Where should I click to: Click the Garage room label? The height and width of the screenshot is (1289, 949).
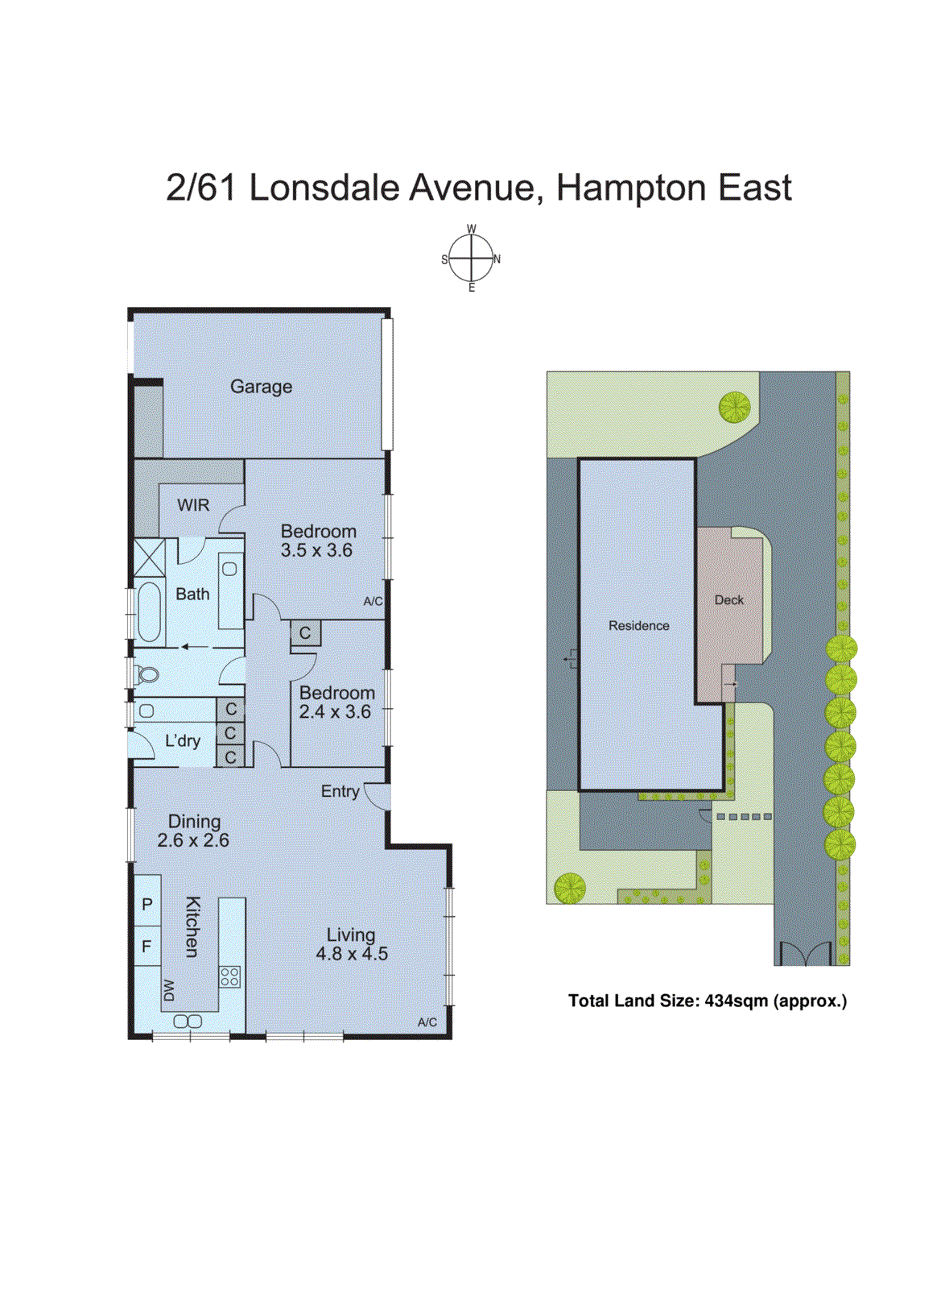pyautogui.click(x=261, y=387)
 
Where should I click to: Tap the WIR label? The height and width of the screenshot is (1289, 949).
pyautogui.click(x=193, y=505)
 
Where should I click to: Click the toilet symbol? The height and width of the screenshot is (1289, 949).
pyautogui.click(x=147, y=674)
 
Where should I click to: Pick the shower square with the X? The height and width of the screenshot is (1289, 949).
pyautogui.click(x=149, y=557)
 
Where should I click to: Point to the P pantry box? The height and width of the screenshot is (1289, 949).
pyautogui.click(x=147, y=904)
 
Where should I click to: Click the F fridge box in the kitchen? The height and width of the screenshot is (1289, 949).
pyautogui.click(x=147, y=946)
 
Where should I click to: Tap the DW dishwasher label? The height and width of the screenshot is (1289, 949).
pyautogui.click(x=169, y=990)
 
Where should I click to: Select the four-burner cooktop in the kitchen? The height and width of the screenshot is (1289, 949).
pyautogui.click(x=229, y=976)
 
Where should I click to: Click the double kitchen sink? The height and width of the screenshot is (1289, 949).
pyautogui.click(x=188, y=1021)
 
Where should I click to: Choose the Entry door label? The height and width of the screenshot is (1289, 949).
pyautogui.click(x=340, y=791)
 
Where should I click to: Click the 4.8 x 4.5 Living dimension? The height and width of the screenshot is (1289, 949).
pyautogui.click(x=352, y=954)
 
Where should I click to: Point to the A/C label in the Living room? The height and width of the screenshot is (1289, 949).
pyautogui.click(x=427, y=1022)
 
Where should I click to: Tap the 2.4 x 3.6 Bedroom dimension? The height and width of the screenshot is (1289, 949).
pyautogui.click(x=335, y=712)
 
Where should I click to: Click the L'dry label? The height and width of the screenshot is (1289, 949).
pyautogui.click(x=183, y=741)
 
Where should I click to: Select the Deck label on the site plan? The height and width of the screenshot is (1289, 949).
pyautogui.click(x=728, y=600)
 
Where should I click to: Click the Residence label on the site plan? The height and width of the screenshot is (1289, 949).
pyautogui.click(x=638, y=626)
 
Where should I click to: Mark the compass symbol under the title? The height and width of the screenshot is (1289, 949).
pyautogui.click(x=472, y=259)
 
